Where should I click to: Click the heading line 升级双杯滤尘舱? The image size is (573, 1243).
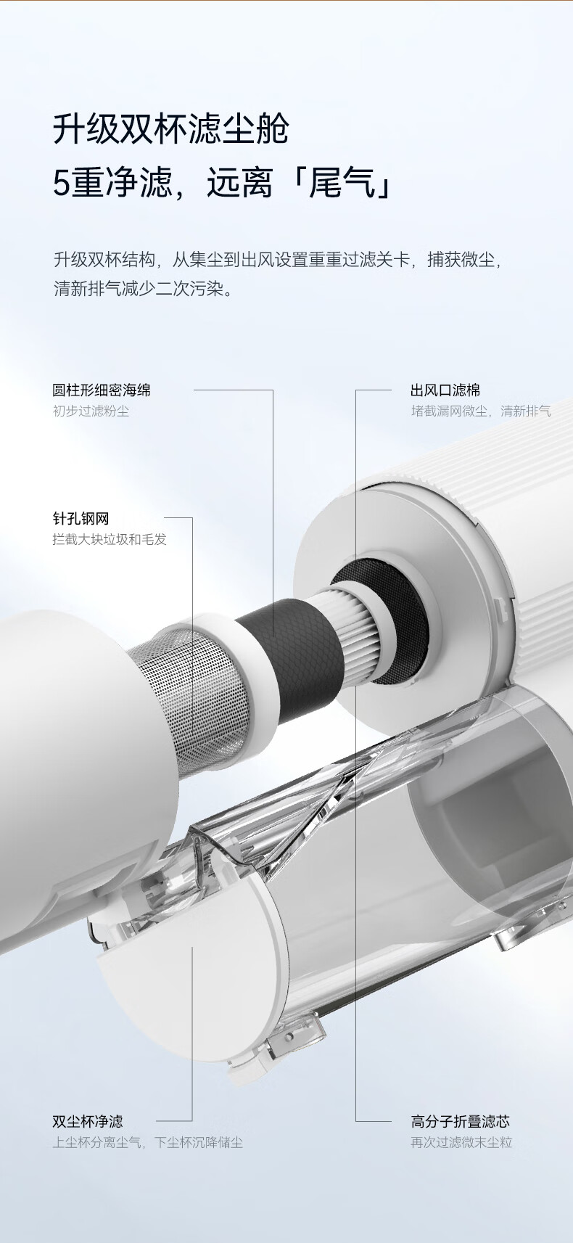[171, 130]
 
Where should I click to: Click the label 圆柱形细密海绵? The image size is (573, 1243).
[102, 390]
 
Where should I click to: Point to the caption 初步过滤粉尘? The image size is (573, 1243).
[91, 411]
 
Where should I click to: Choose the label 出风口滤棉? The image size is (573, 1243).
[445, 390]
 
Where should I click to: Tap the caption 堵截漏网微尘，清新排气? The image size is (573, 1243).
[481, 411]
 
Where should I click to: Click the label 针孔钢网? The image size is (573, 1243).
[81, 519]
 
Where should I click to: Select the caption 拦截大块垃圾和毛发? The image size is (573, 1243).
[110, 540]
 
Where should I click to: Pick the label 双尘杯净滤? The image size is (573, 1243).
[88, 1121]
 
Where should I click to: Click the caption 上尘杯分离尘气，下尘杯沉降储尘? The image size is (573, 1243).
[148, 1142]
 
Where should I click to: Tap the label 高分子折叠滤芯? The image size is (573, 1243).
[461, 1121]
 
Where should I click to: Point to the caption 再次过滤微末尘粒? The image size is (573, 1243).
[461, 1142]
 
